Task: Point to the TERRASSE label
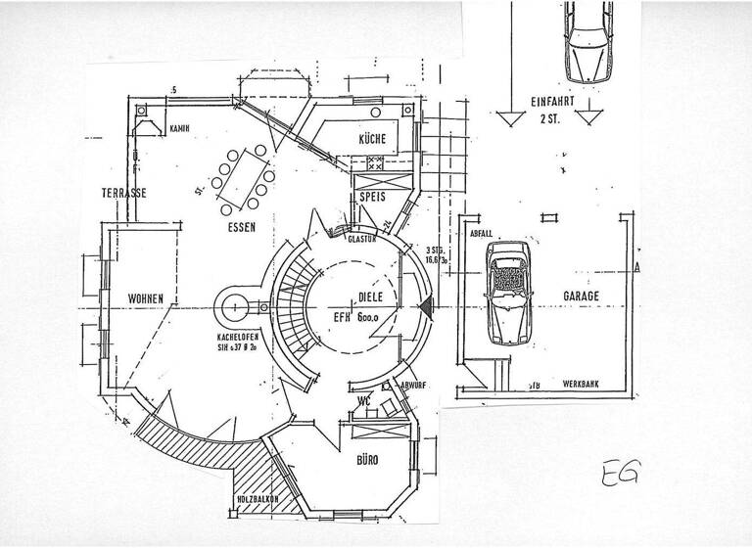[x=124, y=193]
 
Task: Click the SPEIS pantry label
[x=373, y=197]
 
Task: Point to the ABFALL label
[x=481, y=234]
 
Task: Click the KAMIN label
[x=179, y=128]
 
